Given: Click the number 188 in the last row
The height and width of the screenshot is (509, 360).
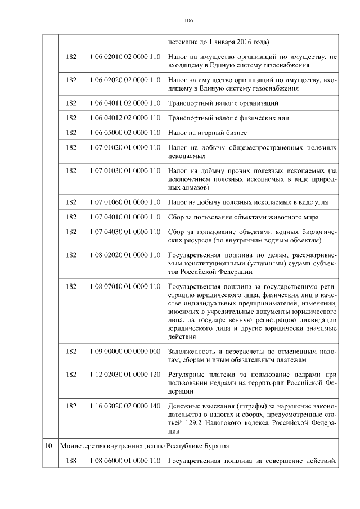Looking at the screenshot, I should pos(71,461).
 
